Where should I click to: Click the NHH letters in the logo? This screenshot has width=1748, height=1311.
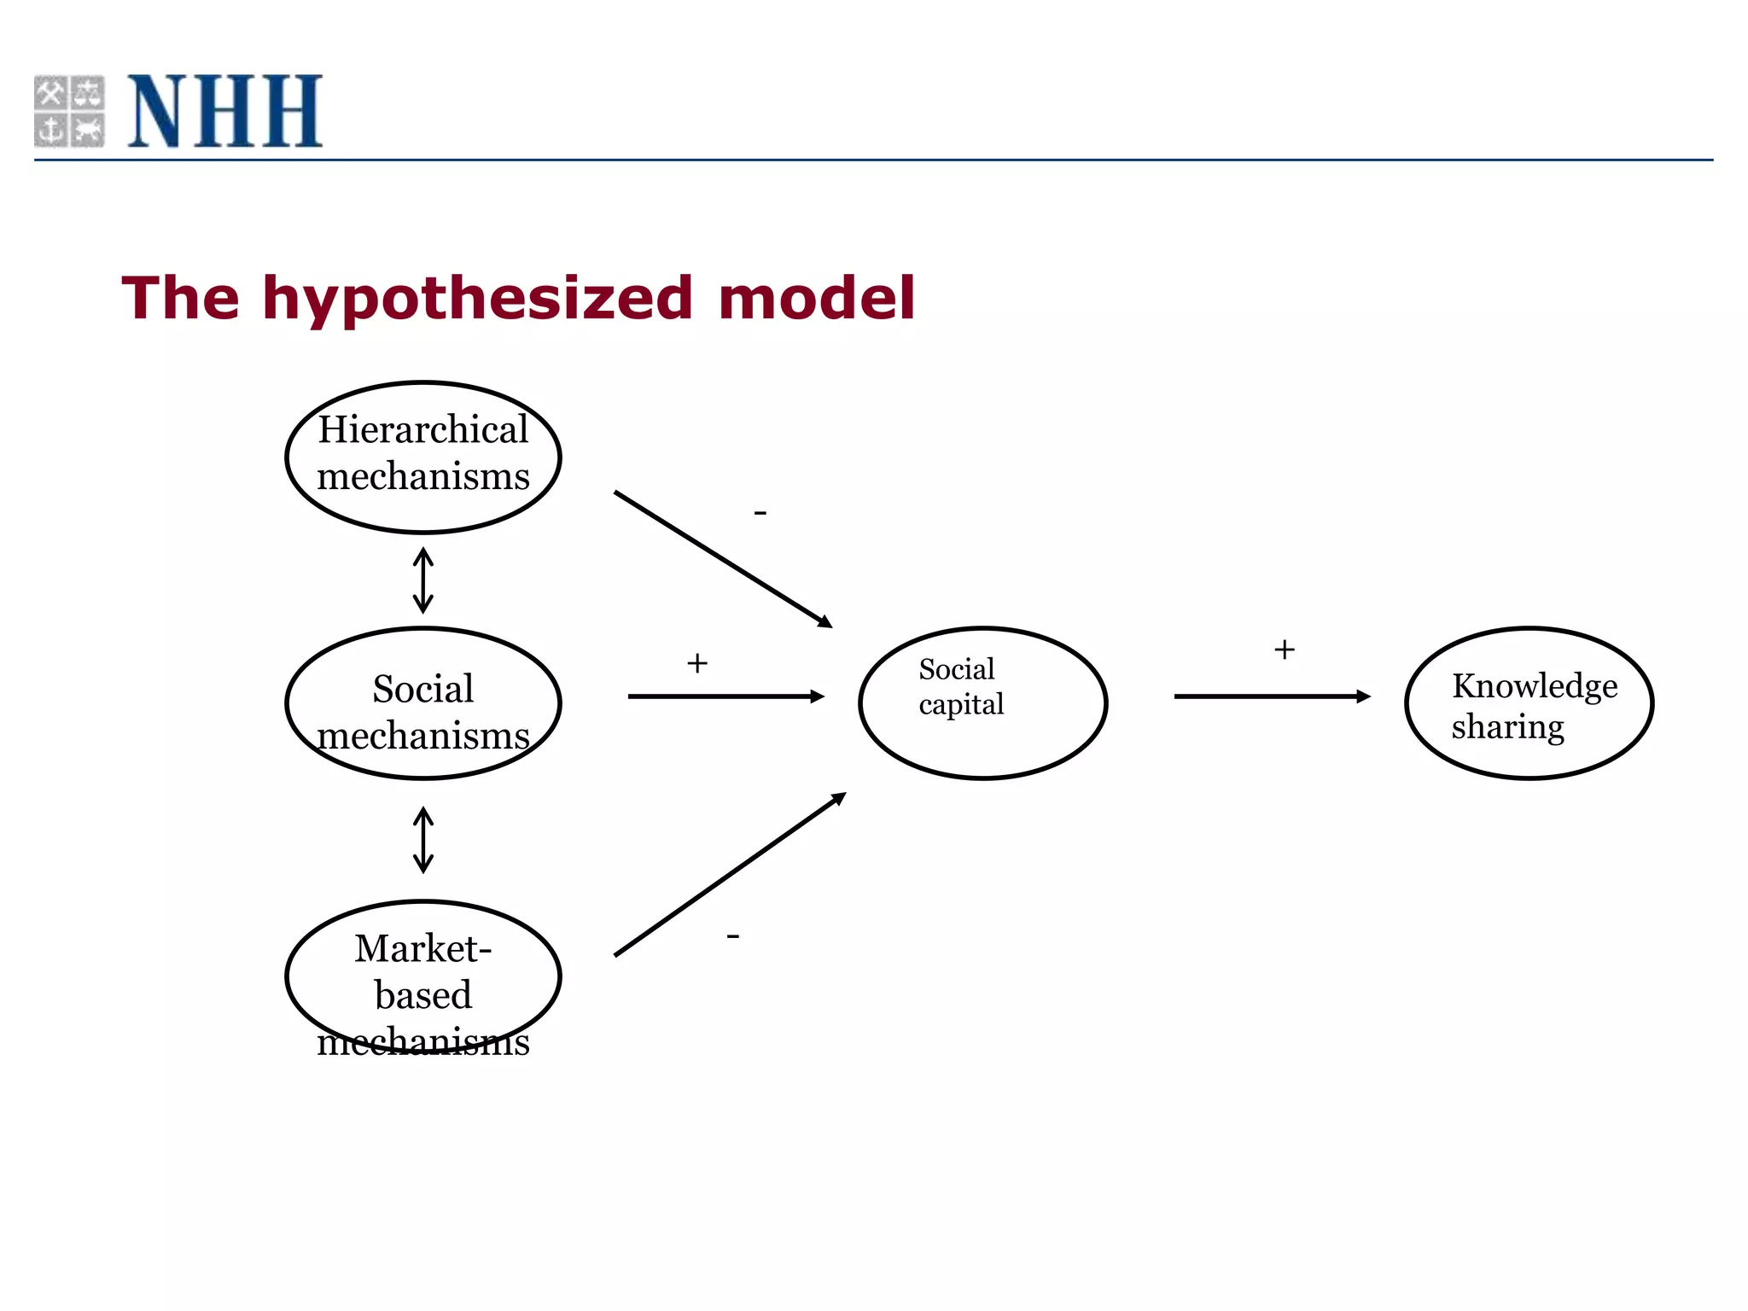(x=224, y=111)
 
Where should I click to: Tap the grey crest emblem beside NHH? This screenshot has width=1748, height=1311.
(x=69, y=111)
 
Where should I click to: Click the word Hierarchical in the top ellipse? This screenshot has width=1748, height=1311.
(x=423, y=429)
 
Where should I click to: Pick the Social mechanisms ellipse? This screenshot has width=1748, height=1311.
(x=423, y=704)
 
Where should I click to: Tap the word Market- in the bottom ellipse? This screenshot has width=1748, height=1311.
(x=423, y=948)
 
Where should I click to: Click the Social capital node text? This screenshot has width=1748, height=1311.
(x=960, y=687)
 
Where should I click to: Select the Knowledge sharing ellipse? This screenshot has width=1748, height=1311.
(x=1529, y=704)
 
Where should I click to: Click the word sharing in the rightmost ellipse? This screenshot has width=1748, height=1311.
(x=1507, y=727)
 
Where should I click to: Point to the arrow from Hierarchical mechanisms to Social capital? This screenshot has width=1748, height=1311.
(x=722, y=559)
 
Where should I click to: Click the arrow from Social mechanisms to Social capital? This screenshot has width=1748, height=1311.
(x=725, y=696)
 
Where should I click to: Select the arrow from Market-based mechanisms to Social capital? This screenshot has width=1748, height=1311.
(x=730, y=875)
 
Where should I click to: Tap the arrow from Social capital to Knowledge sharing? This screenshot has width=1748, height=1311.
(x=1272, y=696)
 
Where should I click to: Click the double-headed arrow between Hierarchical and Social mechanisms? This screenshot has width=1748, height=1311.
(x=423, y=581)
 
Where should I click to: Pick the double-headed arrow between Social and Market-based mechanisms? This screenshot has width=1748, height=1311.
(x=423, y=840)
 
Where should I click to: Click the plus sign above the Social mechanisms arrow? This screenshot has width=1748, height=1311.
(x=697, y=663)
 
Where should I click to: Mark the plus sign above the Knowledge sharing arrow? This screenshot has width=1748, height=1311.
(x=1285, y=650)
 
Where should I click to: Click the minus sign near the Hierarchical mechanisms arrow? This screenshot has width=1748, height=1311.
(x=760, y=513)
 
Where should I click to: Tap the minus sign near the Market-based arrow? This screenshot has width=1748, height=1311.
(x=733, y=936)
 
